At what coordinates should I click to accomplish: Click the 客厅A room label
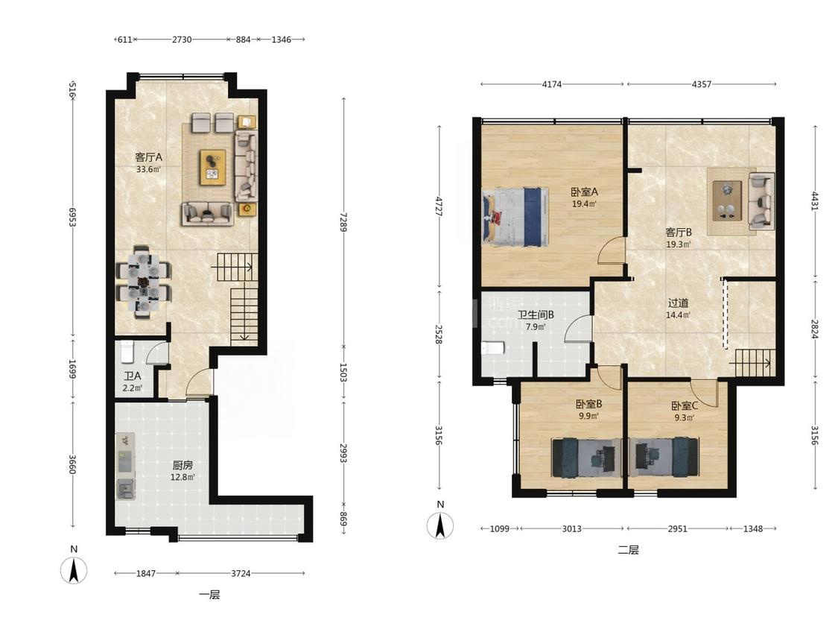(148, 157)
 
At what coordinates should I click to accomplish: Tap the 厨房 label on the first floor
(182, 465)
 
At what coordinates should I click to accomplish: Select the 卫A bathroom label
(132, 376)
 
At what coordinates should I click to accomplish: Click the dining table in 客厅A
(143, 282)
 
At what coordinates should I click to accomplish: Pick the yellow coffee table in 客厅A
(213, 168)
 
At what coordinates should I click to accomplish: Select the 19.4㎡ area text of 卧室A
(584, 203)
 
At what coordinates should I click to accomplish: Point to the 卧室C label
(685, 406)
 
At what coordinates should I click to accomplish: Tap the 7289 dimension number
(343, 221)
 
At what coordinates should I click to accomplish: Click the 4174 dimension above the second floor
(551, 84)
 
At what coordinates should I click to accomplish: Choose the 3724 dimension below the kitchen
(241, 573)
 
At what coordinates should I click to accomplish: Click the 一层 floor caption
(209, 595)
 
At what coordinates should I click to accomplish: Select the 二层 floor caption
(628, 550)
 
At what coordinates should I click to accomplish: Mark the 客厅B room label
(679, 233)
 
